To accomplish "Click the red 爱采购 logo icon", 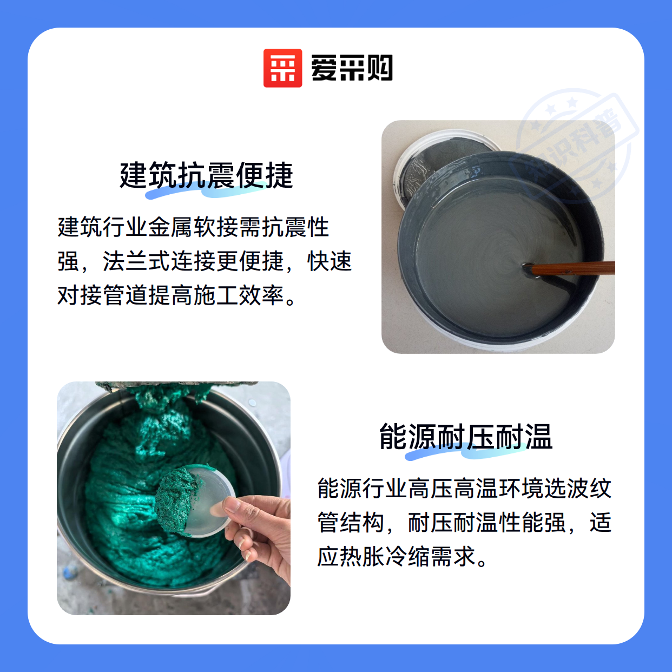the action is click(282, 68).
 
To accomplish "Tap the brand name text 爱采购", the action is click(352, 68).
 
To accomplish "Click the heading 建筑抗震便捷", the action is click(206, 175).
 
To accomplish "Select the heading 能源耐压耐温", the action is click(466, 437).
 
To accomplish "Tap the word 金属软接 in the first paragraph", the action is click(194, 227).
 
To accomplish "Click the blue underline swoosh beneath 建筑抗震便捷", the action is click(206, 191).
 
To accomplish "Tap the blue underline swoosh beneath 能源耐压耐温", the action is click(465, 452).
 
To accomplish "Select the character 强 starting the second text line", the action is click(68, 261).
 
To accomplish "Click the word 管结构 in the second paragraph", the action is click(351, 522).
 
